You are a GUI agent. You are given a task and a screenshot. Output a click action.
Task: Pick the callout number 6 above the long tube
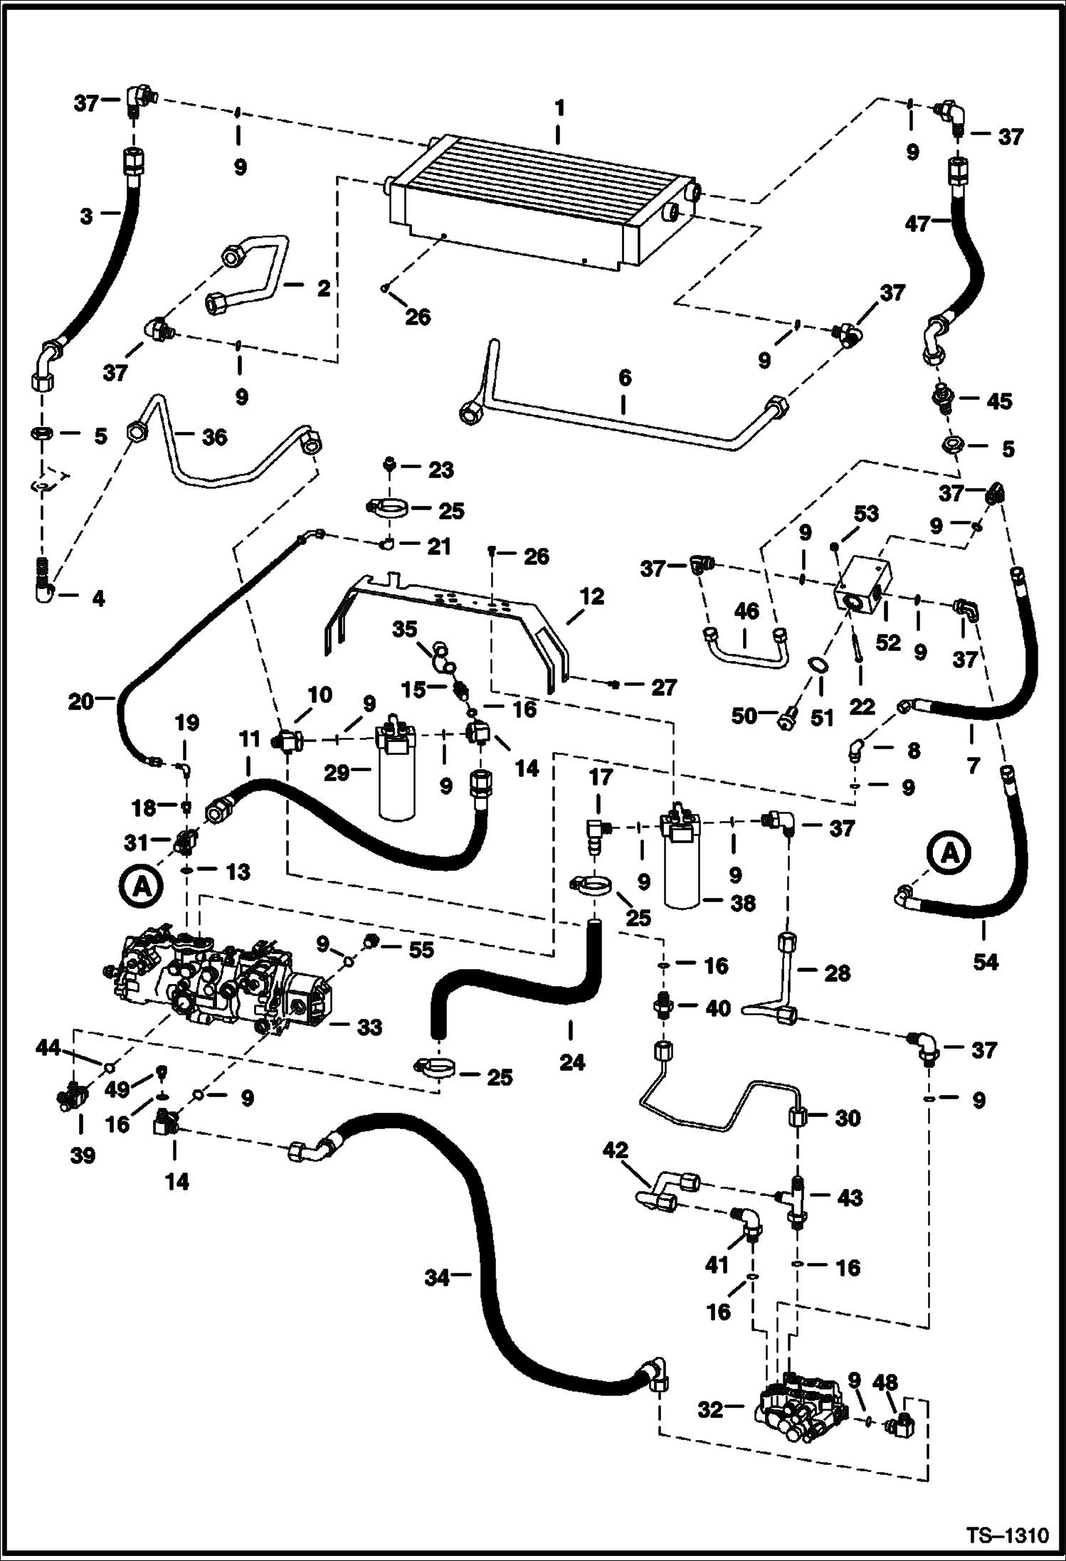click(624, 378)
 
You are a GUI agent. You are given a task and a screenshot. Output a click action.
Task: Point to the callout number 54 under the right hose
click(986, 963)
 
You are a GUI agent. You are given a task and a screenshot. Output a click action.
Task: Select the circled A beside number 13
click(141, 886)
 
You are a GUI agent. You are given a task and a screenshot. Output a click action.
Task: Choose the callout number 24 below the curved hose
click(572, 1062)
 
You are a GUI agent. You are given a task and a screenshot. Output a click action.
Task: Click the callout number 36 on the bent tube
click(214, 437)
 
